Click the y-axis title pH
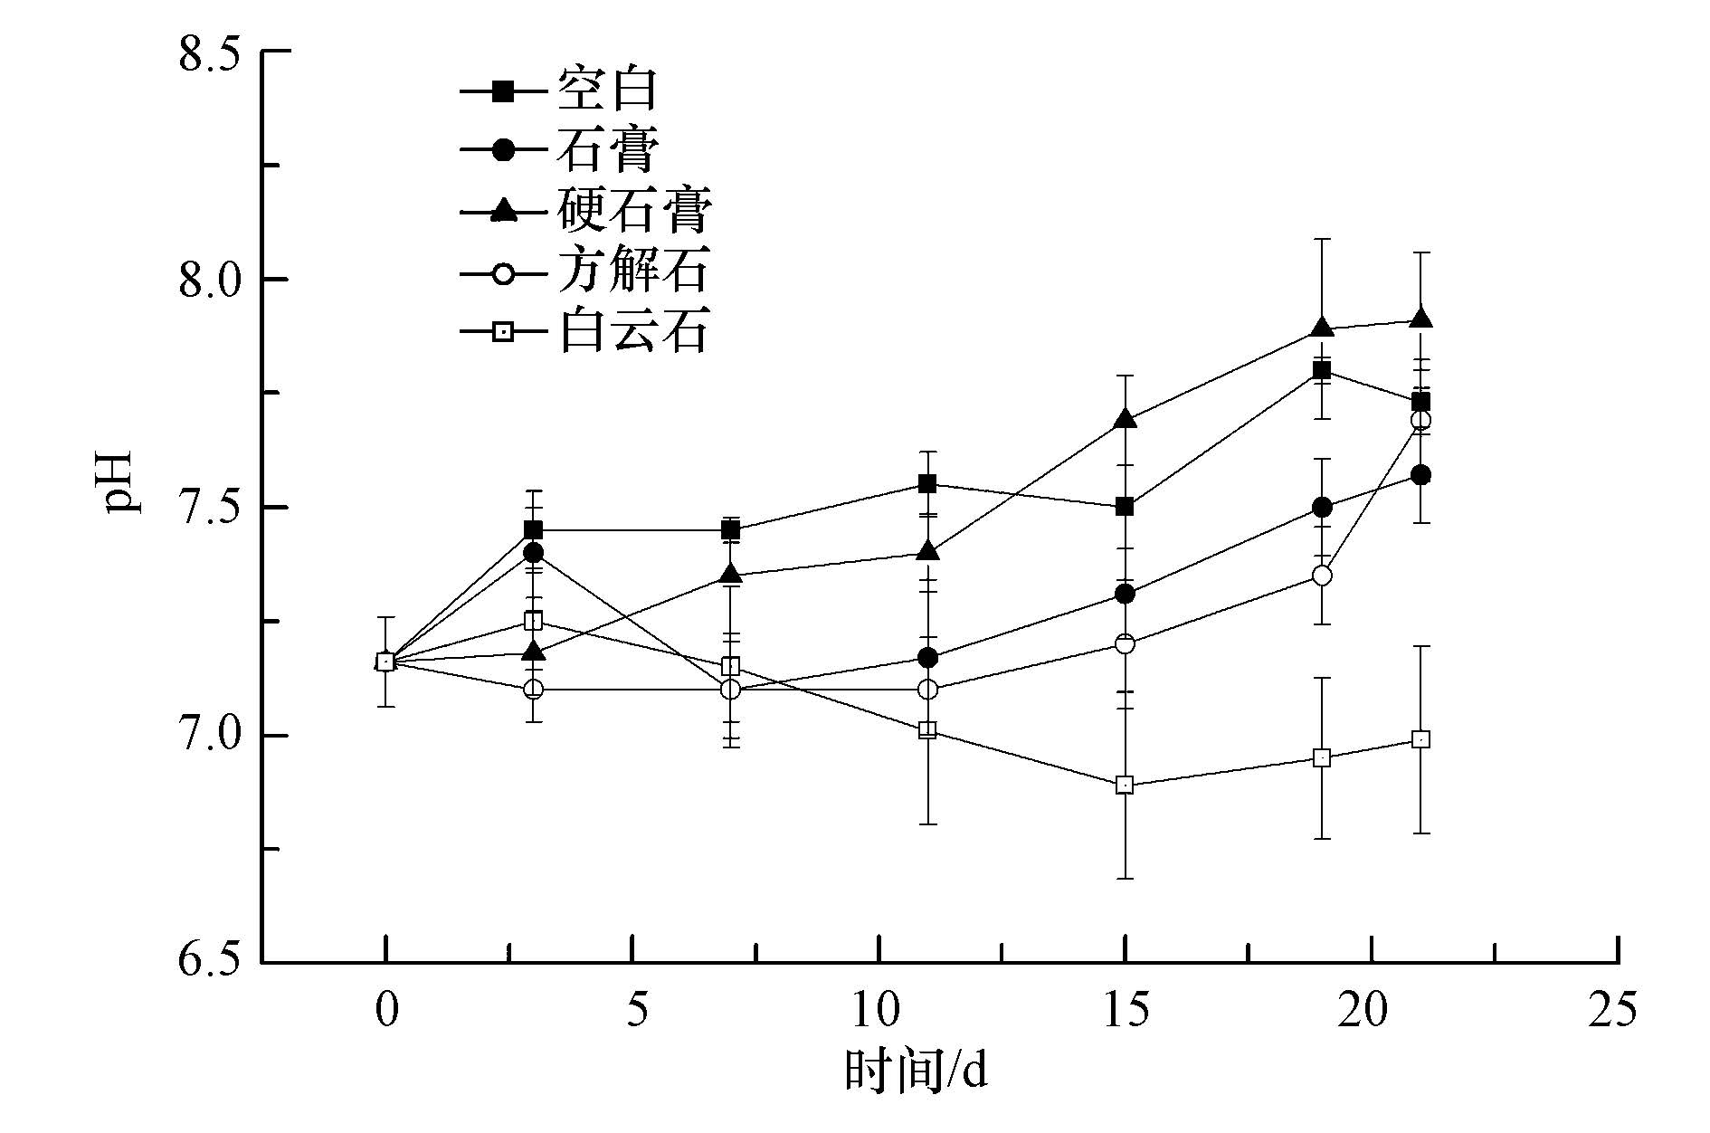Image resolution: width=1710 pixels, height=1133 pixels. [123, 481]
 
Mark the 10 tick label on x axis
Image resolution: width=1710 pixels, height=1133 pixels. [878, 1010]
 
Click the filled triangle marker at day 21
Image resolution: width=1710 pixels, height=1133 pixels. [1420, 319]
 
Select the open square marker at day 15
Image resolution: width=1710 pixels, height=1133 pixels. [1125, 785]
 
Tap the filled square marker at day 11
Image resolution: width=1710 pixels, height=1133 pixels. [927, 483]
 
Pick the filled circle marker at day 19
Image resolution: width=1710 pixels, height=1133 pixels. [1322, 507]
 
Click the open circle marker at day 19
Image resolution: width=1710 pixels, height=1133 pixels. [1322, 575]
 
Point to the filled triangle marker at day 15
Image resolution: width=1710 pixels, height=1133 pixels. [1125, 418]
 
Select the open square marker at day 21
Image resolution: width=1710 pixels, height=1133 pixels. [1420, 739]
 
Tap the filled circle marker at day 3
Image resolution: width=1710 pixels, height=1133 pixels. [534, 552]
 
